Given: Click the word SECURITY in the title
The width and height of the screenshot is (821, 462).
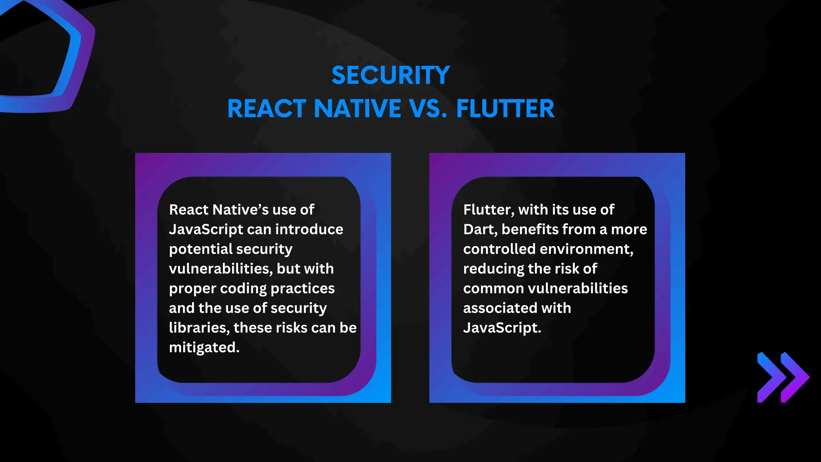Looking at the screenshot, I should tap(390, 75).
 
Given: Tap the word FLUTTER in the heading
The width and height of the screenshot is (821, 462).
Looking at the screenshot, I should tap(505, 109).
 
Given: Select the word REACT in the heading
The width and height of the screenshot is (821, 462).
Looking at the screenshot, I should tap(267, 109).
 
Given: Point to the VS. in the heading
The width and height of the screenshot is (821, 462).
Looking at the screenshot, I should tap(428, 109).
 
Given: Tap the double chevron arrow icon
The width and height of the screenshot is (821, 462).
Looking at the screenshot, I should tap(783, 377).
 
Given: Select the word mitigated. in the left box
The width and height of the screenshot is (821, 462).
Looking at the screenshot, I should tap(204, 347).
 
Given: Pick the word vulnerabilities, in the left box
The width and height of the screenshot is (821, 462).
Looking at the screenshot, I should tap(220, 269).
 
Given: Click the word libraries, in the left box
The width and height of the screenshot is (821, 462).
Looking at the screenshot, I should tap(199, 328).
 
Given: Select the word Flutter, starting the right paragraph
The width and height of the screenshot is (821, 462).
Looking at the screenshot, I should tap(488, 210).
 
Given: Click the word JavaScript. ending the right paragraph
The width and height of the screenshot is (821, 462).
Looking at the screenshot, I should tap(502, 328).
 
